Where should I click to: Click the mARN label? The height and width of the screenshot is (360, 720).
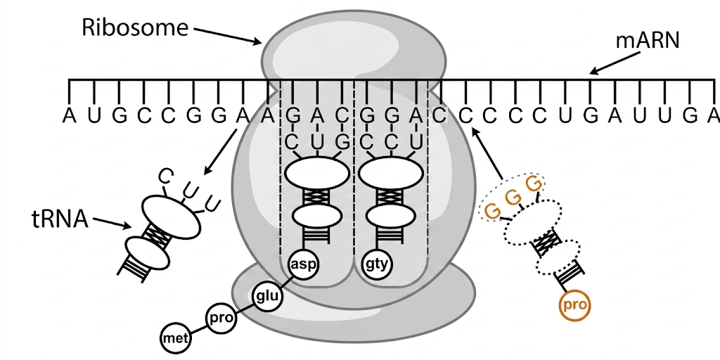tap(648, 41)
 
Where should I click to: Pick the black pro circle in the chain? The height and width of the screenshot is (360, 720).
tap(219, 317)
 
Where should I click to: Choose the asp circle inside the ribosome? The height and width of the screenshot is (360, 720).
tap(304, 265)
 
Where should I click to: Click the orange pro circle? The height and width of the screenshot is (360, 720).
tap(574, 306)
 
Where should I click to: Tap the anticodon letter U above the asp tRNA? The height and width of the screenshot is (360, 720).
tap(316, 141)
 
